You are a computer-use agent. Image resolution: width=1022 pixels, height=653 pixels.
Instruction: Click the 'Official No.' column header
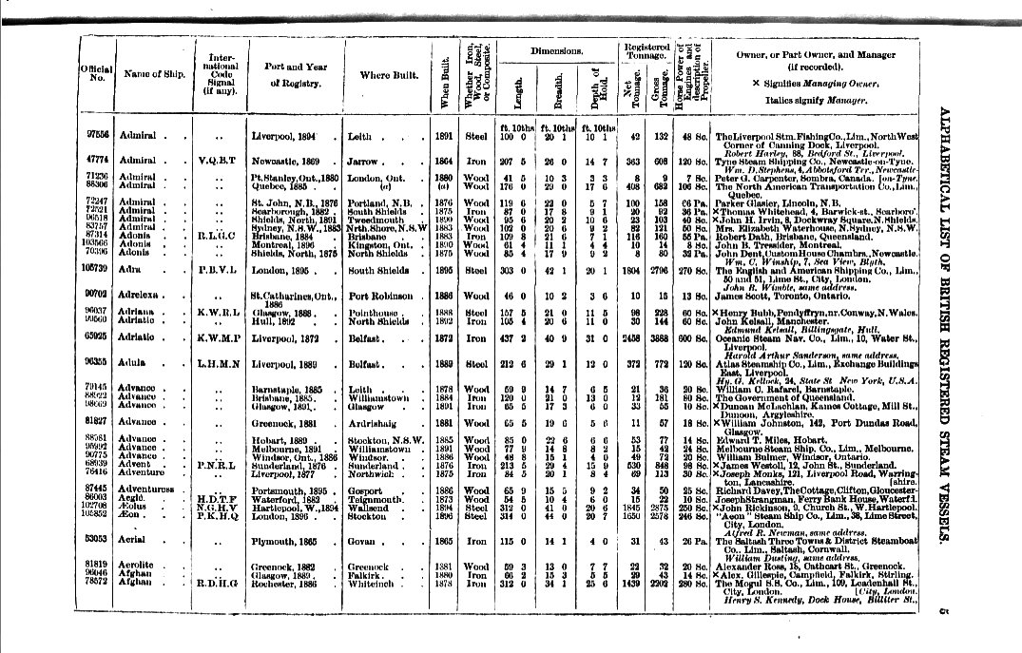coord(97,74)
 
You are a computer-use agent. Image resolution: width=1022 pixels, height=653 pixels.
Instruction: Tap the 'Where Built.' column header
coord(383,74)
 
